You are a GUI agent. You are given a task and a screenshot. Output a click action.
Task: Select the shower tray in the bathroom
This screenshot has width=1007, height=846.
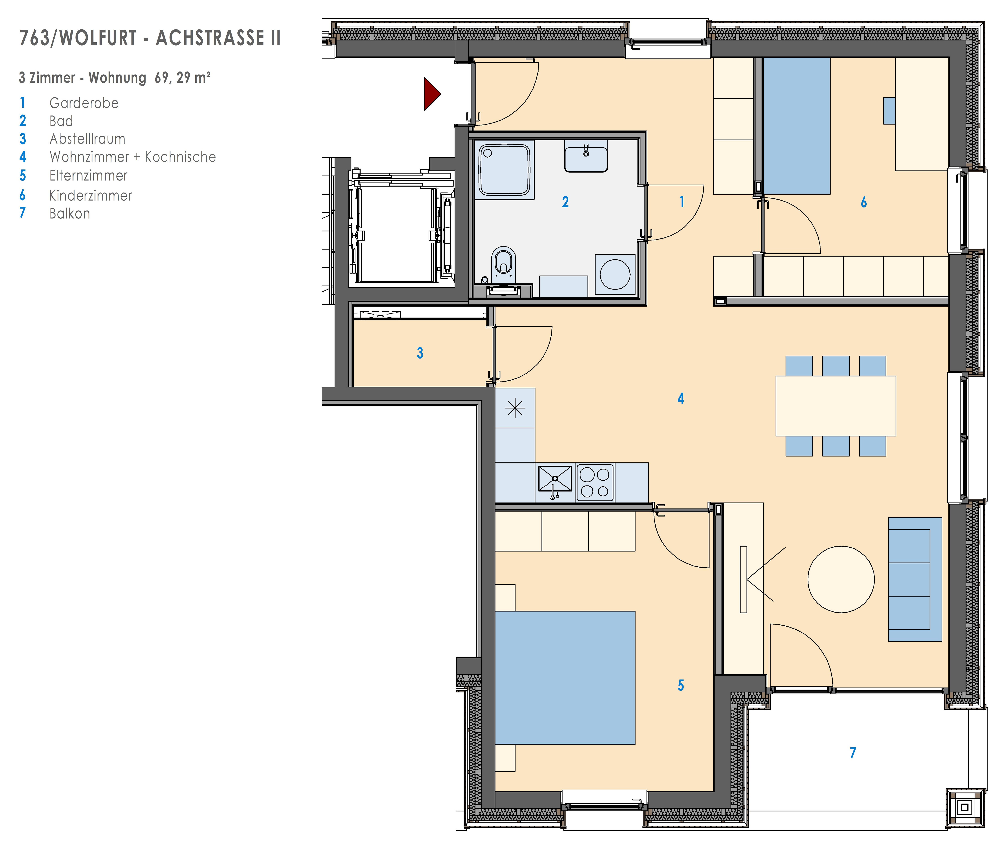(505, 170)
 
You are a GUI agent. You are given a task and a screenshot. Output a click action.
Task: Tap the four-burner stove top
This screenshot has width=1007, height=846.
(595, 483)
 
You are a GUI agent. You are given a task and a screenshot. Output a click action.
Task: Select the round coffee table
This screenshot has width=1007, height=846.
(841, 579)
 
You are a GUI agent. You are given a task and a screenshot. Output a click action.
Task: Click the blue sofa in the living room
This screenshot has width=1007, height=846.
(915, 579)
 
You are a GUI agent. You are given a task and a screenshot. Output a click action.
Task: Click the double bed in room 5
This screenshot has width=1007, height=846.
(565, 678)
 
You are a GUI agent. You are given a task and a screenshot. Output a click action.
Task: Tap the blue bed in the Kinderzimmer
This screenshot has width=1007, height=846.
(797, 126)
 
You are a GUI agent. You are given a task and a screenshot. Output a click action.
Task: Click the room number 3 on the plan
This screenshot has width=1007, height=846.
(420, 353)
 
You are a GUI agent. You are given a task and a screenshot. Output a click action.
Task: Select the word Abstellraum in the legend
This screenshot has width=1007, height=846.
(87, 139)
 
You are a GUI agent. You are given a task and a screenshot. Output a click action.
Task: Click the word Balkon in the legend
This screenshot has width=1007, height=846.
(69, 213)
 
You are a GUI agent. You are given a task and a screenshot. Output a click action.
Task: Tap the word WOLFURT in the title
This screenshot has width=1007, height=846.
(98, 38)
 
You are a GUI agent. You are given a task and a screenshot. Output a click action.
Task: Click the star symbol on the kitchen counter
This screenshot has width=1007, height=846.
(515, 408)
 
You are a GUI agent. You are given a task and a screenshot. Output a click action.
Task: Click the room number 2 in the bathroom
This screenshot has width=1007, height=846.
(565, 202)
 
